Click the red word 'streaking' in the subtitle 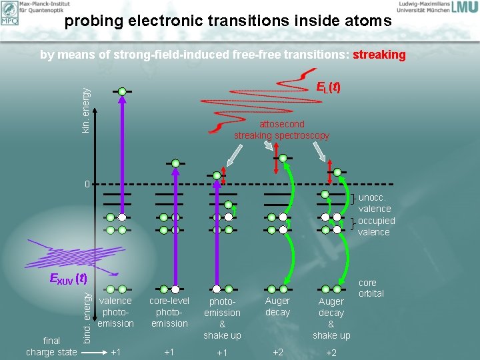pyautogui.click(x=379, y=55)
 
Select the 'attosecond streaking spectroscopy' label pyautogui.click(x=281, y=130)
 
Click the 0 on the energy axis pyautogui.click(x=86, y=183)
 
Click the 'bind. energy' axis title pyautogui.click(x=87, y=315)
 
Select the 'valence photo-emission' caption pyautogui.click(x=115, y=312)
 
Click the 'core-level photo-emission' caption pyautogui.click(x=169, y=312)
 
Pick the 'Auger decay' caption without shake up pyautogui.click(x=277, y=306)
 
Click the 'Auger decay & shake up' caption pyautogui.click(x=331, y=318)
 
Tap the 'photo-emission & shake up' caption pyautogui.click(x=222, y=318)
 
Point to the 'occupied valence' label pyautogui.click(x=376, y=226)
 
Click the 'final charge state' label pyautogui.click(x=51, y=346)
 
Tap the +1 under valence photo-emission pyautogui.click(x=115, y=351)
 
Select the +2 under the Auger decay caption pyautogui.click(x=277, y=351)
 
